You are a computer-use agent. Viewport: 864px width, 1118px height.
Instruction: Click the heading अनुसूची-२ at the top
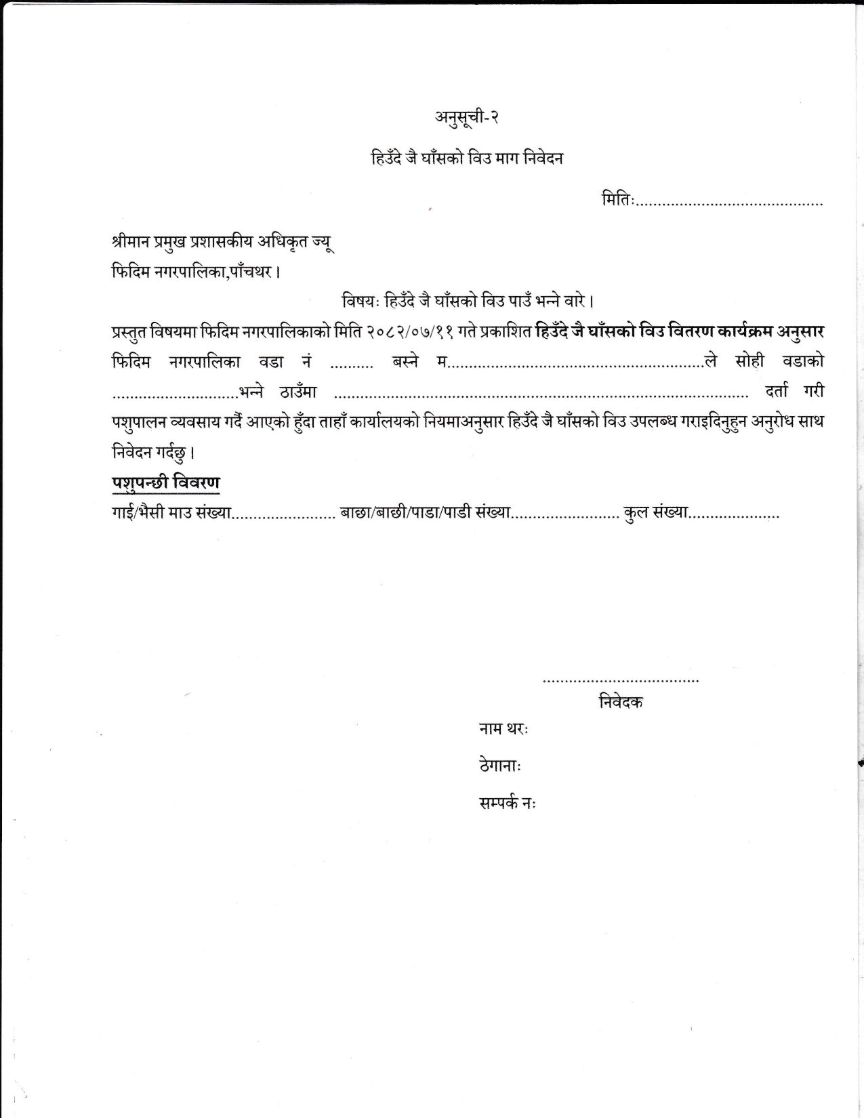[x=467, y=117]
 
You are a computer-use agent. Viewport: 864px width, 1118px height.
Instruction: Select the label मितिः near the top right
[x=617, y=200]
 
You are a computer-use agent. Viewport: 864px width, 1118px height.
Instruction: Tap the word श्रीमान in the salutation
[x=133, y=242]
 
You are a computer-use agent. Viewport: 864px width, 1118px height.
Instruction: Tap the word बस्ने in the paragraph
[x=405, y=362]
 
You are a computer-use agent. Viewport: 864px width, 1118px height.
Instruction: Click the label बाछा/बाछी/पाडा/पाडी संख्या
[x=425, y=513]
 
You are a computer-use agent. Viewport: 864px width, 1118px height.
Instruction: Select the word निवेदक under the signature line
[x=621, y=702]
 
